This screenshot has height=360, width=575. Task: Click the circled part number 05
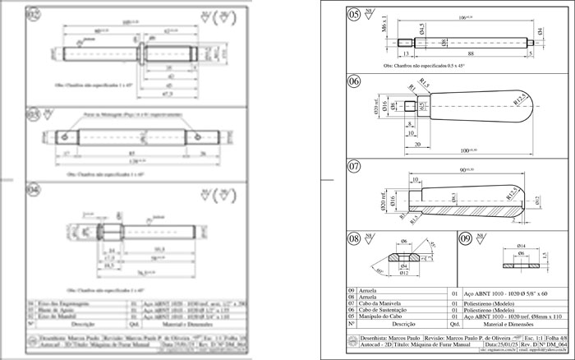pos(354,14)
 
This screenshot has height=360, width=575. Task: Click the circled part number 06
pos(354,81)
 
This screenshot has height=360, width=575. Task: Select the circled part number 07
pos(354,166)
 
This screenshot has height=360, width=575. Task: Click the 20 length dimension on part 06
pos(396,143)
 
